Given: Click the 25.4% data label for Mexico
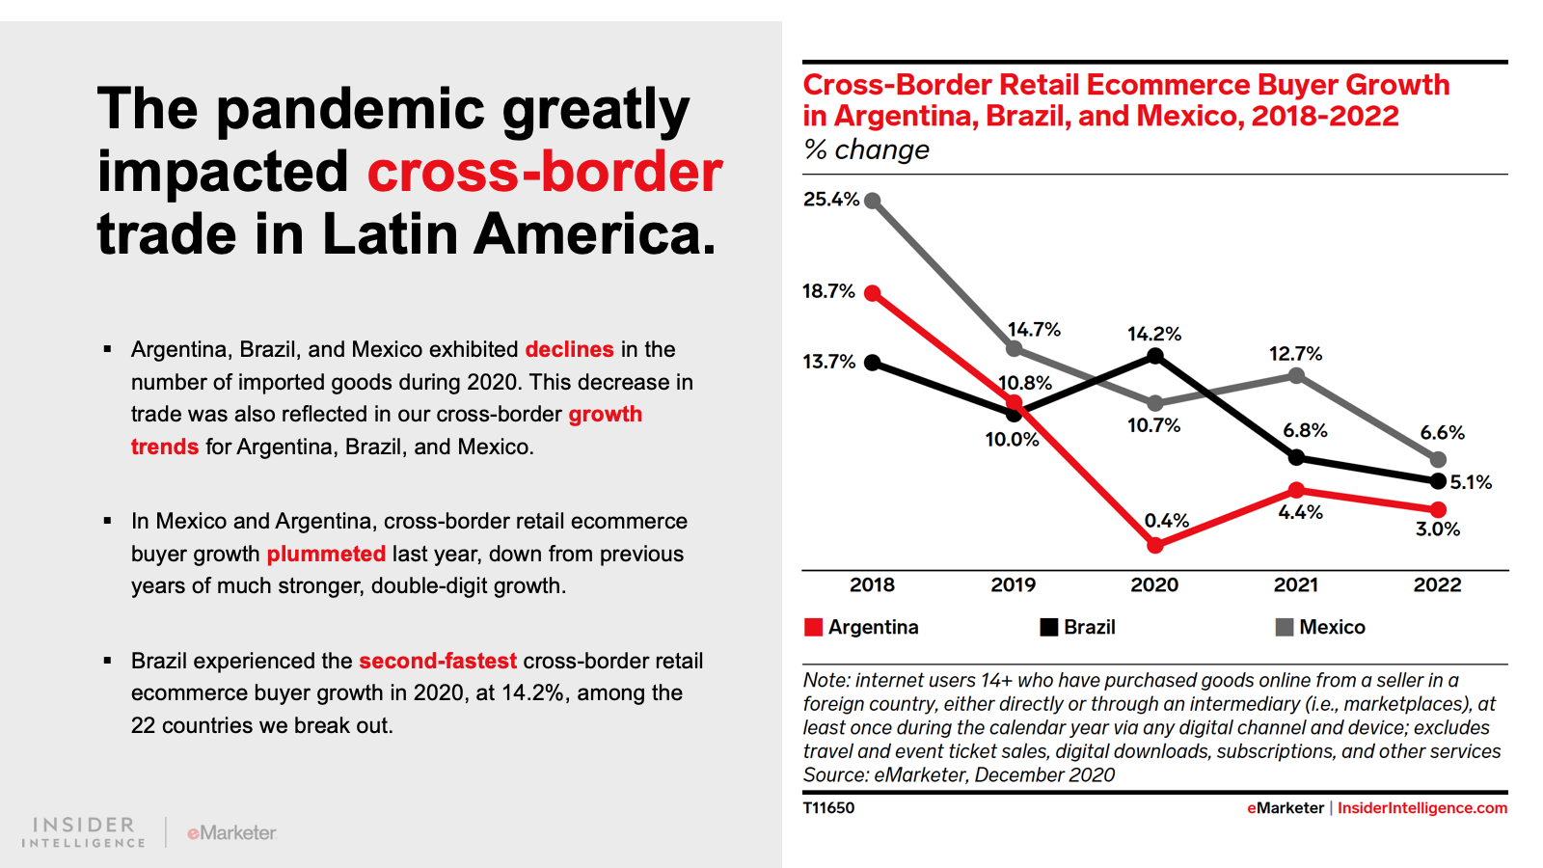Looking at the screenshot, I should click(830, 200).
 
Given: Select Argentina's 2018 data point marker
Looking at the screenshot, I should click(873, 293).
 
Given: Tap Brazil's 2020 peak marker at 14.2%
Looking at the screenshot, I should click(1155, 357).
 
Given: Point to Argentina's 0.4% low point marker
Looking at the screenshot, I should click(1155, 545).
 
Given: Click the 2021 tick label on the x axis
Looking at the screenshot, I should click(1295, 584).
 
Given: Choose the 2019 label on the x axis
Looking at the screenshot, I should click(1013, 584).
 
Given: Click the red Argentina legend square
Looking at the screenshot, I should click(813, 627).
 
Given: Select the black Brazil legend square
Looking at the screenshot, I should click(1048, 627).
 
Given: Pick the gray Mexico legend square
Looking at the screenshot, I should click(1284, 627).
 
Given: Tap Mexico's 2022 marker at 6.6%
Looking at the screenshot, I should click(1438, 459).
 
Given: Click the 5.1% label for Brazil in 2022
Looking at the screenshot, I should click(1471, 482).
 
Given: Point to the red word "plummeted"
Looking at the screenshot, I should click(326, 554).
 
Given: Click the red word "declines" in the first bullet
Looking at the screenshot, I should click(569, 349).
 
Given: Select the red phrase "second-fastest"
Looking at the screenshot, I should click(438, 661).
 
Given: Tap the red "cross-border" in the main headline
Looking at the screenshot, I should click(545, 172).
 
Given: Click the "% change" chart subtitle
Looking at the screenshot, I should click(866, 149).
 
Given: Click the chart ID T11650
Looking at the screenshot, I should click(828, 808).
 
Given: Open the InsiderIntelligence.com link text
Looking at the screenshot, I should click(1421, 808).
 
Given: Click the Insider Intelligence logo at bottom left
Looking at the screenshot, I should click(84, 831).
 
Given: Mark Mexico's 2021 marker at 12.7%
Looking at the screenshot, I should click(1296, 376).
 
